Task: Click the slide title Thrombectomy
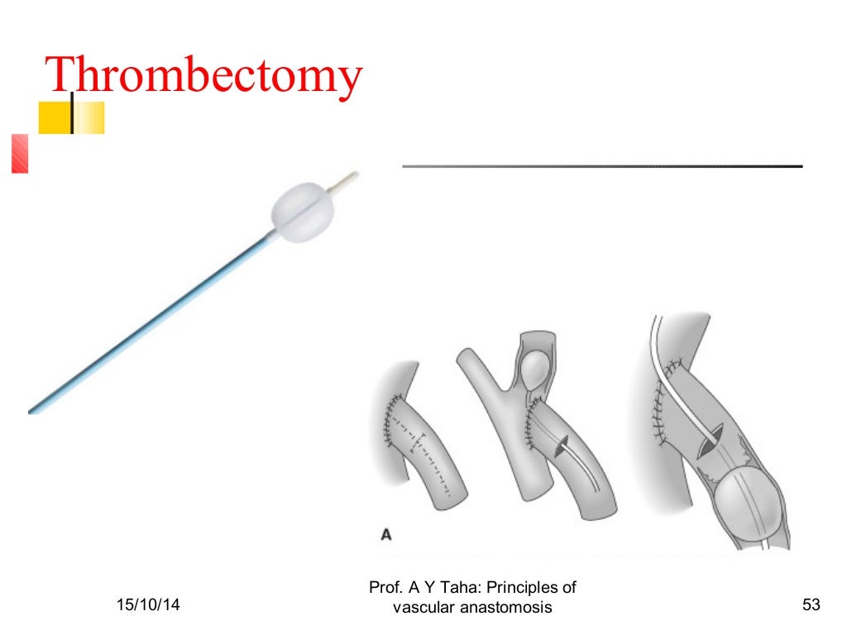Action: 203,75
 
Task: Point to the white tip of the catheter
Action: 347,180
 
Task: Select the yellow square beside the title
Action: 55,117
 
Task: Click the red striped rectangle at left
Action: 20,154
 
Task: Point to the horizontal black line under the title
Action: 602,167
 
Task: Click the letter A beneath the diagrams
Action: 385,535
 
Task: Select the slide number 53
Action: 811,607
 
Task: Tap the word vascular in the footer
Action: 419,608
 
